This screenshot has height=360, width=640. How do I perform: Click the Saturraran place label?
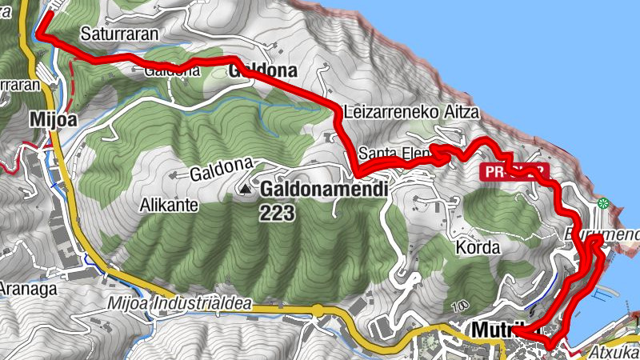pos(119,34)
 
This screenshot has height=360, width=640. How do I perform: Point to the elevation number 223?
pos(277,213)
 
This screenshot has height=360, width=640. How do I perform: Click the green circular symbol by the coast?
pos(605,203)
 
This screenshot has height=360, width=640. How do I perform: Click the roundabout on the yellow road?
pos(318,310)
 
